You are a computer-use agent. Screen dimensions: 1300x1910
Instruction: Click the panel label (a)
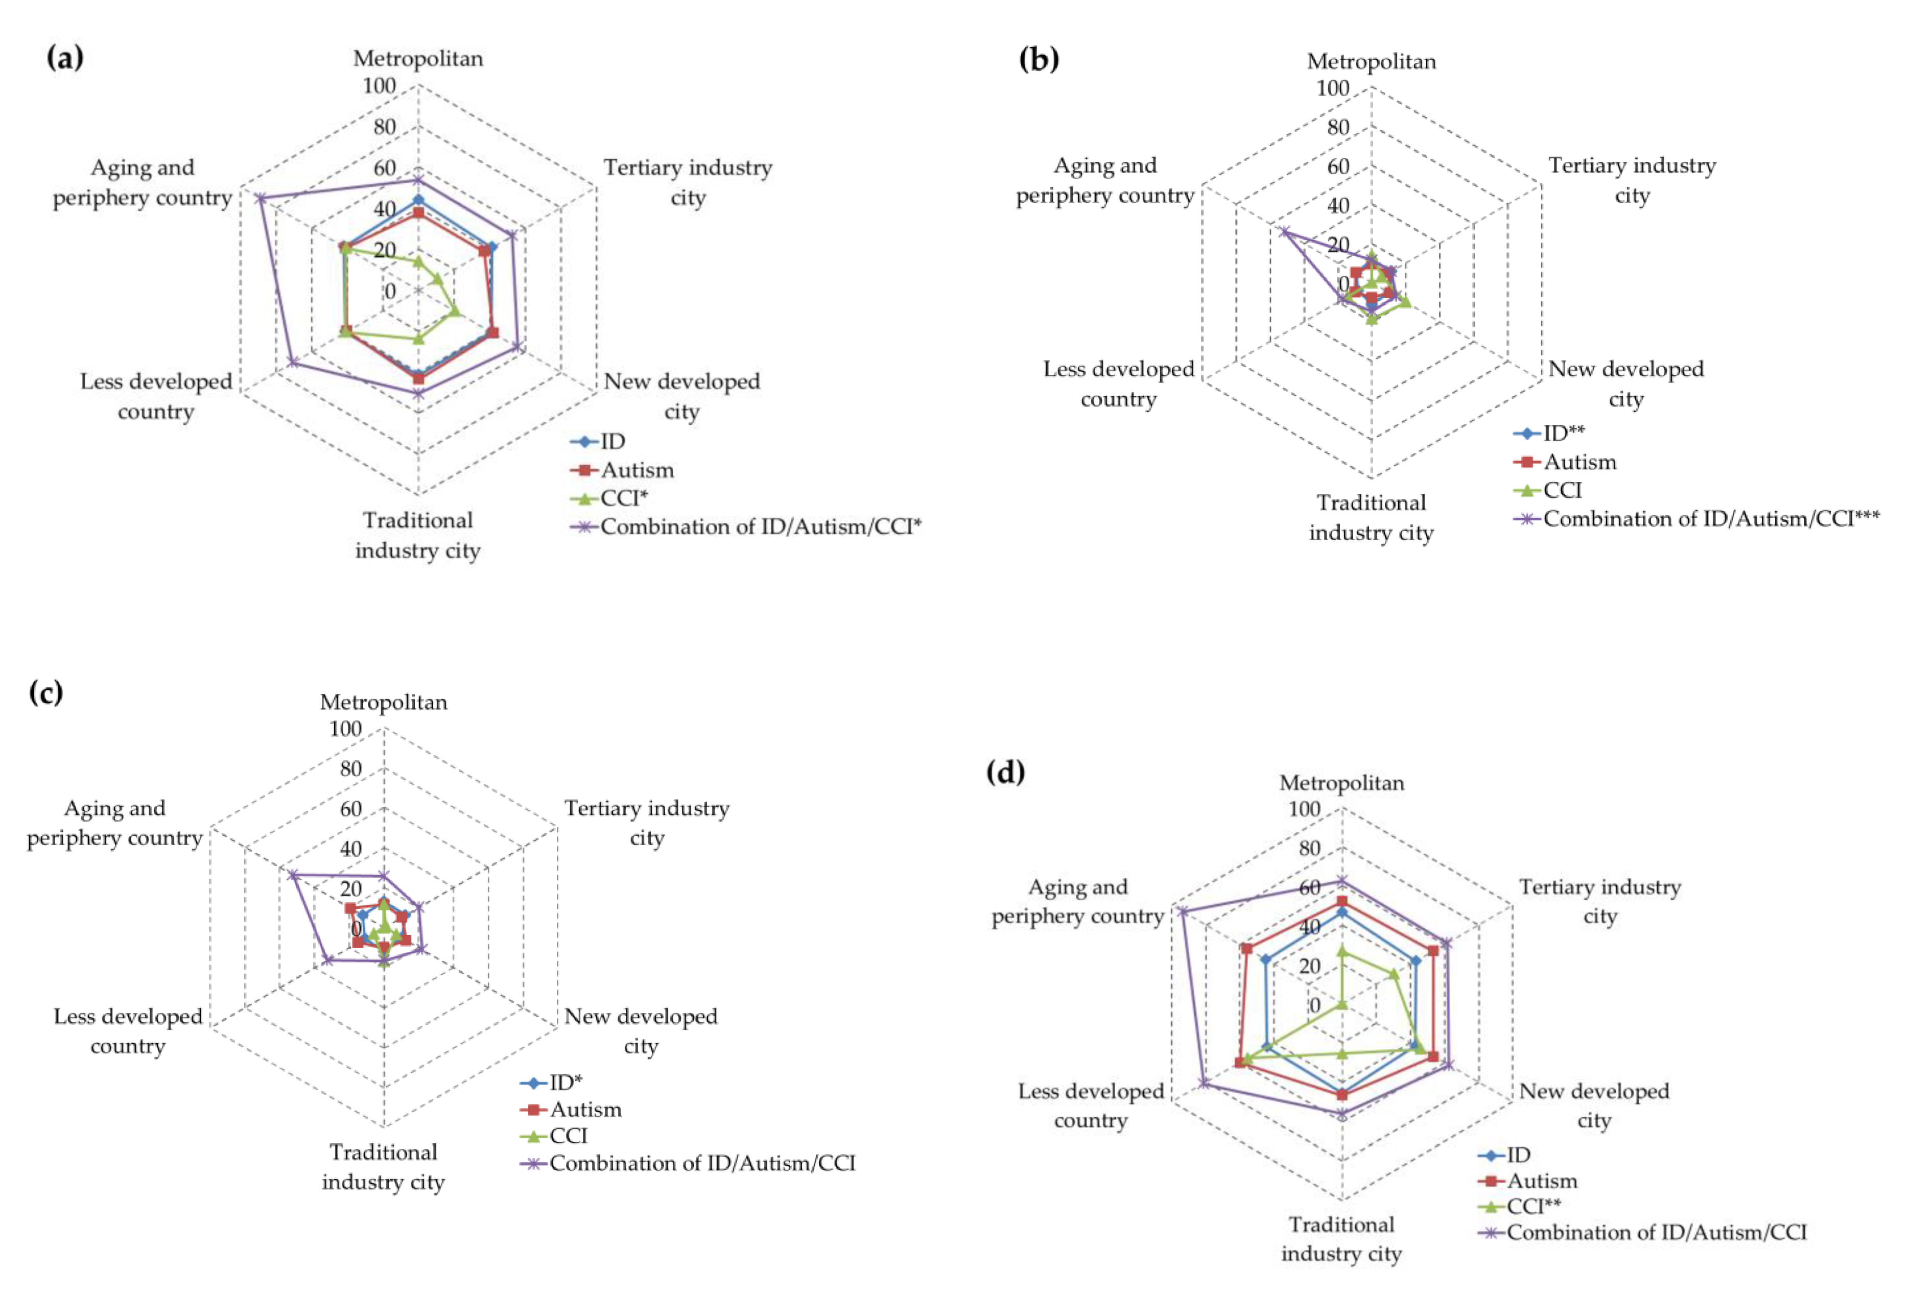coord(65,58)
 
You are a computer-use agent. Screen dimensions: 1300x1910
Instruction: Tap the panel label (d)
coord(1006,773)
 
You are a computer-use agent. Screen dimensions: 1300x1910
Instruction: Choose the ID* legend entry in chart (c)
coord(565,1082)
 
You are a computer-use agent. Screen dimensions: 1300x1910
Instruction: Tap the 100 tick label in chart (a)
coord(380,85)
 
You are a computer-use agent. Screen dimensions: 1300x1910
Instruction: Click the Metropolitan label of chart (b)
coord(1371,62)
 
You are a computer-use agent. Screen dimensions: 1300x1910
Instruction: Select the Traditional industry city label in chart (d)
coord(1341,1238)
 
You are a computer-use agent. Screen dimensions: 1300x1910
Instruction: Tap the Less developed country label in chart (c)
coord(128,1030)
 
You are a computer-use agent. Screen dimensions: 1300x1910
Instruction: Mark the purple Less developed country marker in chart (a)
coord(292,362)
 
